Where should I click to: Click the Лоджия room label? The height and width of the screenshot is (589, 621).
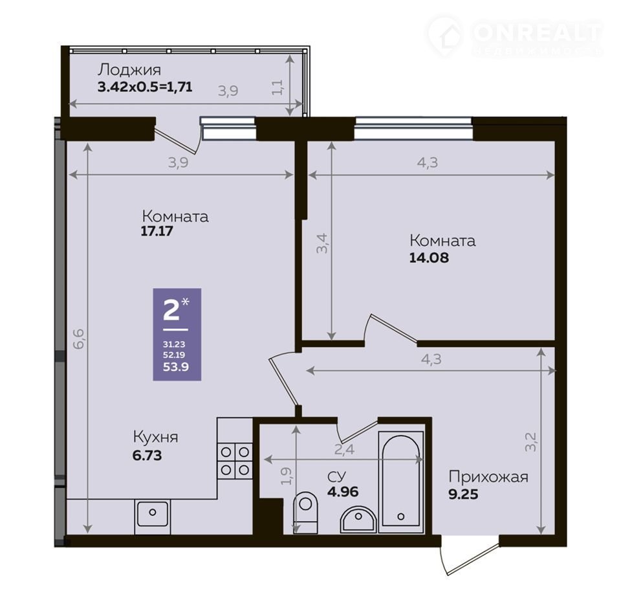pyautogui.click(x=129, y=70)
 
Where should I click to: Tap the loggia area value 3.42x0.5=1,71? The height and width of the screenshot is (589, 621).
pyautogui.click(x=145, y=87)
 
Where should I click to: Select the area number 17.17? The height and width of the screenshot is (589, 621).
pyautogui.click(x=157, y=231)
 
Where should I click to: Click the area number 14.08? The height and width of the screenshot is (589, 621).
pyautogui.click(x=429, y=258)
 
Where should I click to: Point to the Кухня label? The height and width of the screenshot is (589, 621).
pyautogui.click(x=156, y=437)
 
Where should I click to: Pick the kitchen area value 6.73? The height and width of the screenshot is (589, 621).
pyautogui.click(x=147, y=456)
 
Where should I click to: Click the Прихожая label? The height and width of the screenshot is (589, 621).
pyautogui.click(x=488, y=476)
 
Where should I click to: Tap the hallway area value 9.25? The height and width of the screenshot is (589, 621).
pyautogui.click(x=463, y=495)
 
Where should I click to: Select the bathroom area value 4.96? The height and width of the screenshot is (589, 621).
pyautogui.click(x=343, y=491)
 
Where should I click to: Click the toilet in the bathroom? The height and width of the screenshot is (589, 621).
pyautogui.click(x=305, y=512)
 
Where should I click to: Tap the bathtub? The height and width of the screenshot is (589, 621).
pyautogui.click(x=401, y=482)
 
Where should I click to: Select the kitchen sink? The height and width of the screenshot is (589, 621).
pyautogui.click(x=153, y=512)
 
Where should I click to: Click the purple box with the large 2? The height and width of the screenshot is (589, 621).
pyautogui.click(x=177, y=335)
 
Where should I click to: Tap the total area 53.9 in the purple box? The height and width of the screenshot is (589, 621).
pyautogui.click(x=176, y=367)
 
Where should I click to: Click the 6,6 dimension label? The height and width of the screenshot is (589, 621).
pyautogui.click(x=78, y=338)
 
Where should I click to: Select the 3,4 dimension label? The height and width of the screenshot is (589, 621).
pyautogui.click(x=322, y=243)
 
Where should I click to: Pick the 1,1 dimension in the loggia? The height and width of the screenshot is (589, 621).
pyautogui.click(x=278, y=87)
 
